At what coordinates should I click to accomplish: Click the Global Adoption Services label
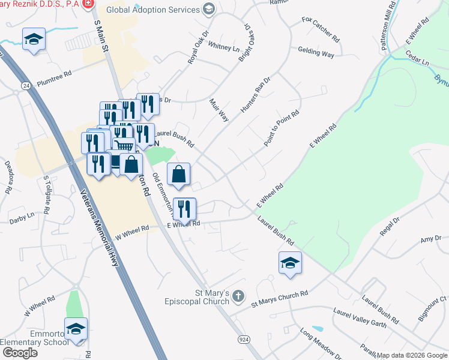[x=152, y=10]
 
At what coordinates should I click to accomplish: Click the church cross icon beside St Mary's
[x=238, y=295]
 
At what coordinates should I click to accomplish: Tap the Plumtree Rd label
[x=54, y=73]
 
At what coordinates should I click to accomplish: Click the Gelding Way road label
[x=316, y=53]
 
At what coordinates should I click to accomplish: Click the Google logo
[x=19, y=353]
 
